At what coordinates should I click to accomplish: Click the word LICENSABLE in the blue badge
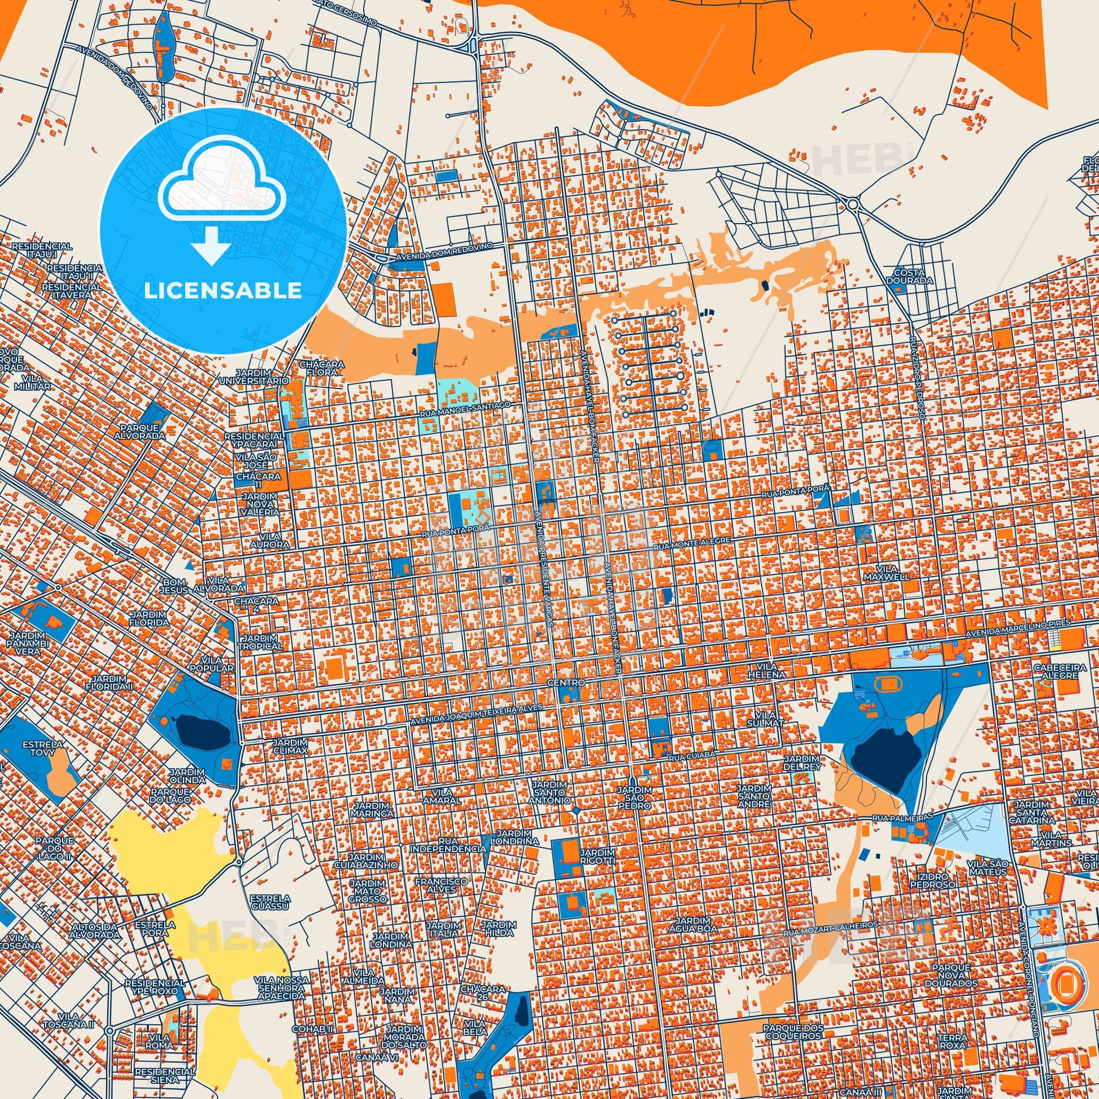[x=223, y=291]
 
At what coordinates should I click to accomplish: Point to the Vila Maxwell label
[x=886, y=573]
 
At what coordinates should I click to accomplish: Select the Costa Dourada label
[x=914, y=277]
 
